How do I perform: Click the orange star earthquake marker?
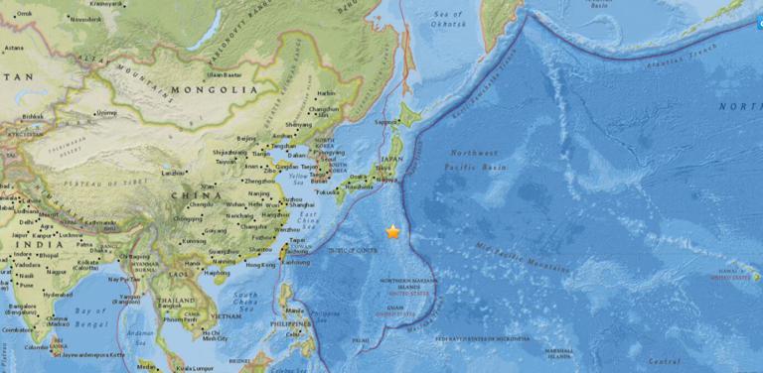pos(393,231)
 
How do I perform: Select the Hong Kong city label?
pos(261,266)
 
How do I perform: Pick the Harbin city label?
pos(324,94)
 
